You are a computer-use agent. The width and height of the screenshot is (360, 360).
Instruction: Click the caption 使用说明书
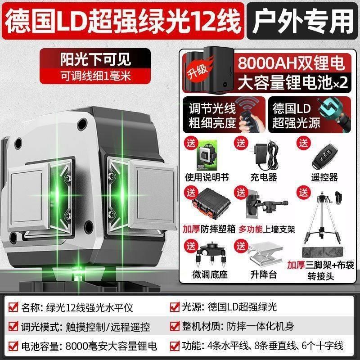207,177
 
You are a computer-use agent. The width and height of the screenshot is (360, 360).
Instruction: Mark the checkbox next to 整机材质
175,327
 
